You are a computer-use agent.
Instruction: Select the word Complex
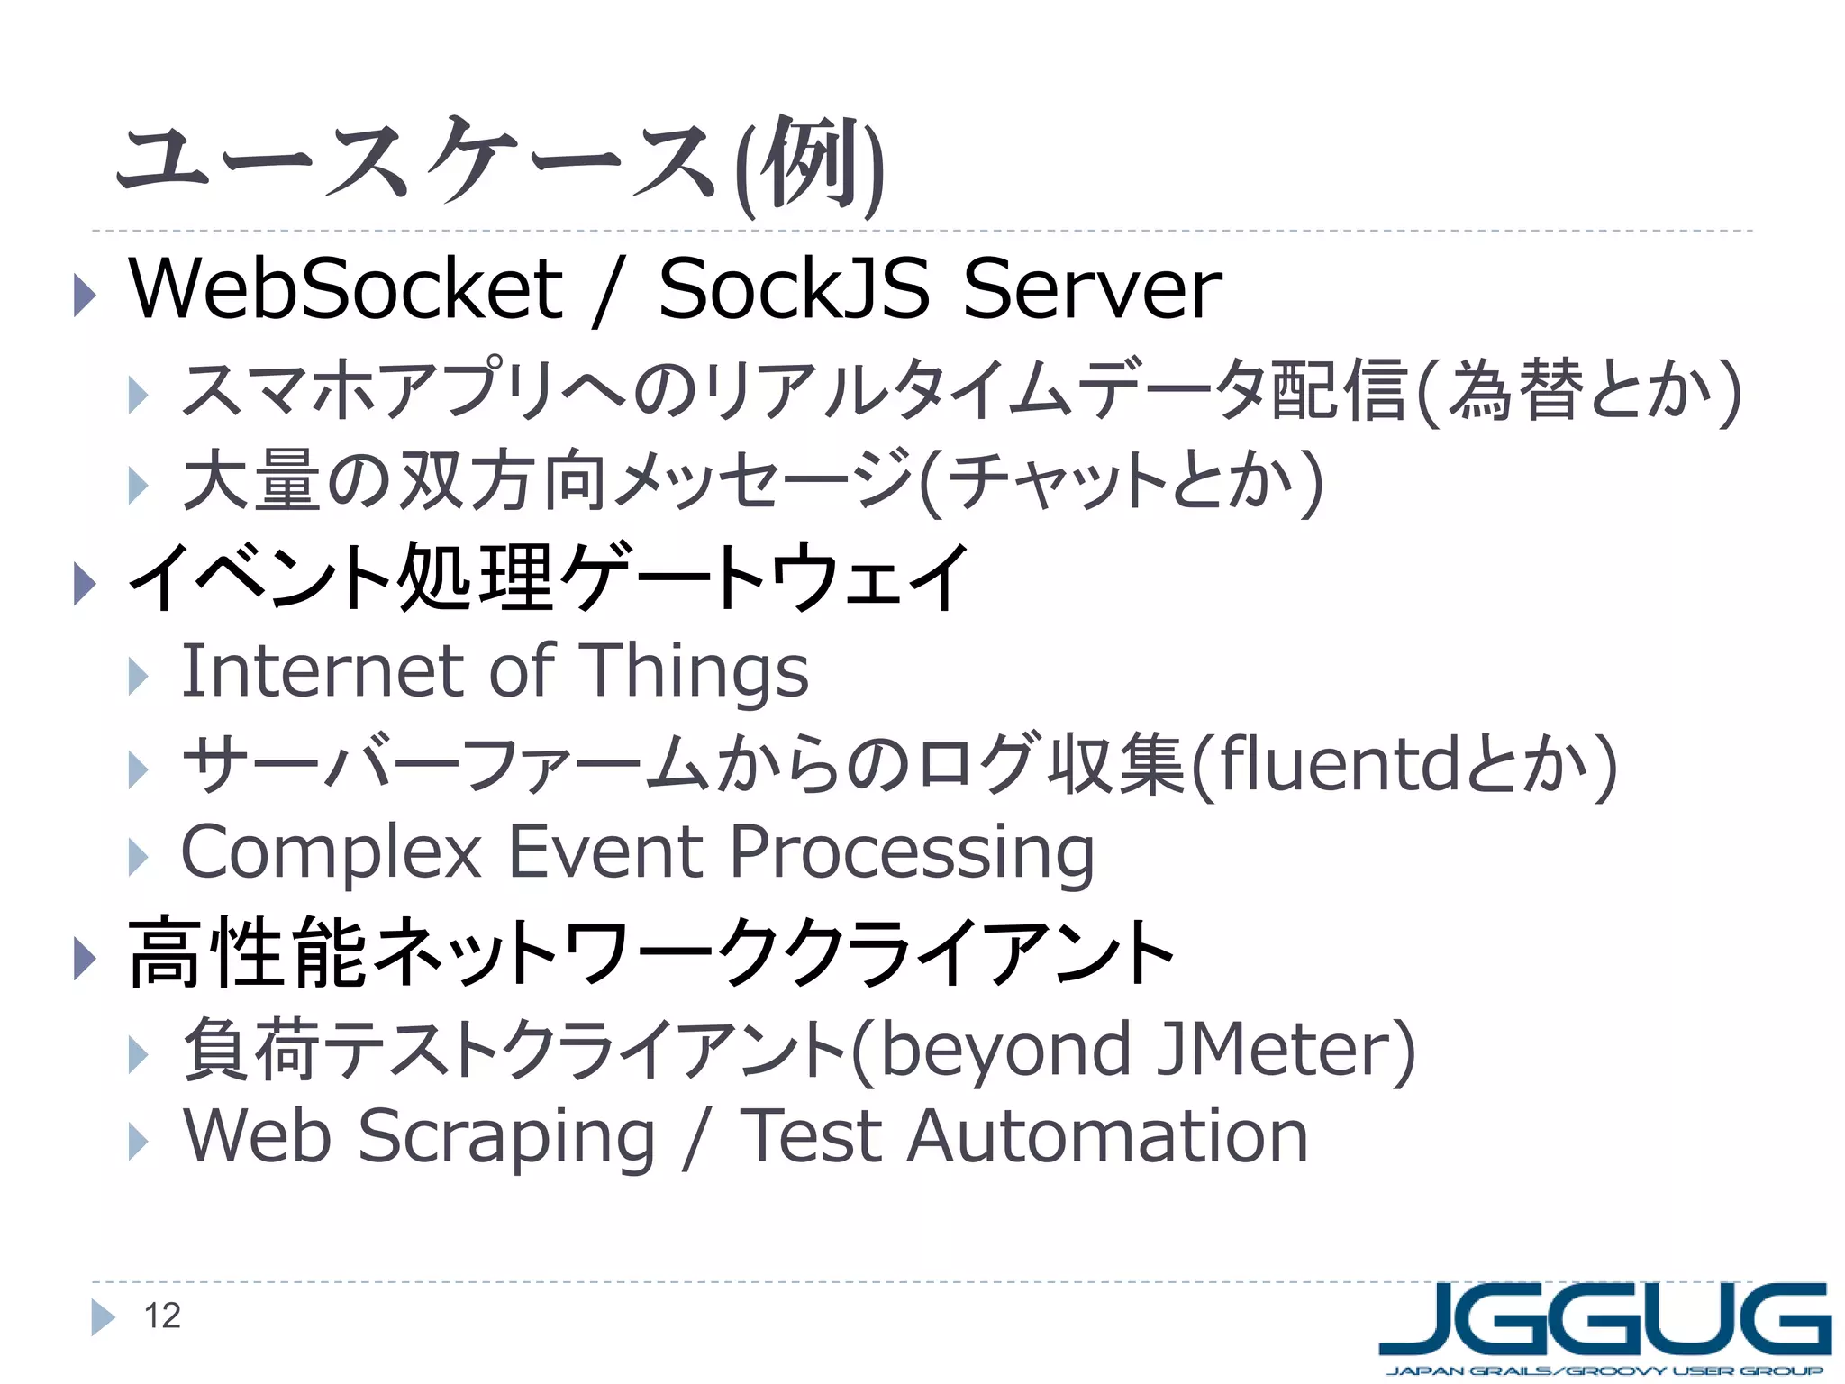(332, 852)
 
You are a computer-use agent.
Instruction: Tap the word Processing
(912, 852)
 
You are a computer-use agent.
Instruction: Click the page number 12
(162, 1316)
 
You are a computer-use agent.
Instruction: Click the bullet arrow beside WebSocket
(84, 295)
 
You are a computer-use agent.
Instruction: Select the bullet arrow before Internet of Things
(137, 676)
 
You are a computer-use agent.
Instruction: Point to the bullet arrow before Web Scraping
(137, 1142)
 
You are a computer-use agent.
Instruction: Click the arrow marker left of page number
(103, 1317)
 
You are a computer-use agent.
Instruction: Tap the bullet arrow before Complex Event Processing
(137, 857)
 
